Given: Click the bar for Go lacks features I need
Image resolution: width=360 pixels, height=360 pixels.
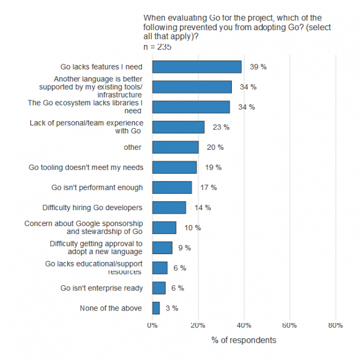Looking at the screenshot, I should click(197, 67).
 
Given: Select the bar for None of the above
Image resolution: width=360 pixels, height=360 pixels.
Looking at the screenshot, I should click(156, 308).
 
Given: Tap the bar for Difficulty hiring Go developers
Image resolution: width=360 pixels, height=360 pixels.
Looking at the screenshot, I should click(169, 207).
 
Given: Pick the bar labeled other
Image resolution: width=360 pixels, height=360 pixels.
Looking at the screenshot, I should click(175, 147).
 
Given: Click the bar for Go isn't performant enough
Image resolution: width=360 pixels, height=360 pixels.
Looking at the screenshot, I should click(172, 187).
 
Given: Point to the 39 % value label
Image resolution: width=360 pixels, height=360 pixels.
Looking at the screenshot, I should click(259, 67).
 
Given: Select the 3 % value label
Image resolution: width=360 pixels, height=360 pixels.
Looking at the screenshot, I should click(171, 308).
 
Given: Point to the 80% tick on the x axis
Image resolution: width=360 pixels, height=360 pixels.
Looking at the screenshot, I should click(335, 325).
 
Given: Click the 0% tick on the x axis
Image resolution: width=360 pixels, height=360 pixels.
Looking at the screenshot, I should click(152, 325).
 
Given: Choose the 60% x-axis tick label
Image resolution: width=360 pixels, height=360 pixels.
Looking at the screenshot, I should click(289, 325).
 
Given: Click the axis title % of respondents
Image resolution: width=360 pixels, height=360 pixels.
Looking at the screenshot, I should click(244, 340).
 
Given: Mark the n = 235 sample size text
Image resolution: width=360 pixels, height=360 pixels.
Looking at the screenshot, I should click(157, 47).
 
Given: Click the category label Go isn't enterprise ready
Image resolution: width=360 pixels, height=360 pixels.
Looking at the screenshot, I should click(101, 288).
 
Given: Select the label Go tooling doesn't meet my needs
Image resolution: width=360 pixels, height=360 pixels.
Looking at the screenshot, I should click(85, 167).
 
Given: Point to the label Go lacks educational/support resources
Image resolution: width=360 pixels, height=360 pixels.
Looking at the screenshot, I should click(93, 268).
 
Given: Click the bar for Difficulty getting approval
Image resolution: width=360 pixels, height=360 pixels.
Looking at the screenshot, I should click(162, 248).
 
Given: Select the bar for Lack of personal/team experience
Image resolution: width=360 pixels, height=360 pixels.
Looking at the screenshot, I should click(178, 127).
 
